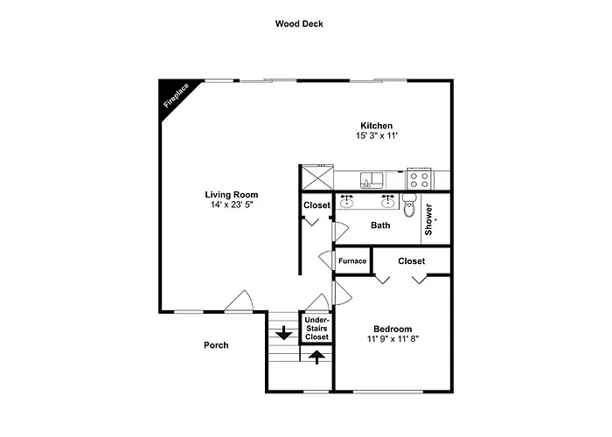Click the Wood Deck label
pyautogui.click(x=299, y=24)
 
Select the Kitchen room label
pyautogui.click(x=376, y=126)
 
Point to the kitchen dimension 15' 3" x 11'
pyautogui.click(x=376, y=135)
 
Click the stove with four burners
pyautogui.click(x=419, y=179)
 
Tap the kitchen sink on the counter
pyautogui.click(x=372, y=180)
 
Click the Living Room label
pyautogui.click(x=232, y=194)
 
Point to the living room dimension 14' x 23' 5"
pyautogui.click(x=232, y=205)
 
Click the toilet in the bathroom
pyautogui.click(x=409, y=205)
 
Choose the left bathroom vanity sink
pyautogui.click(x=346, y=201)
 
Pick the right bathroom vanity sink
pyautogui.click(x=387, y=201)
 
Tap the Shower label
pyautogui.click(x=428, y=219)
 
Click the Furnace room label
pyautogui.click(x=352, y=261)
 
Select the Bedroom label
pyautogui.click(x=393, y=329)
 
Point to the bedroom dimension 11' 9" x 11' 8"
pyautogui.click(x=393, y=339)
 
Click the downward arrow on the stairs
pyautogui.click(x=284, y=333)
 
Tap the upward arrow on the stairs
pyautogui.click(x=316, y=357)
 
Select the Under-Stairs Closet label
pyautogui.click(x=316, y=329)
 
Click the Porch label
pyautogui.click(x=216, y=345)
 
